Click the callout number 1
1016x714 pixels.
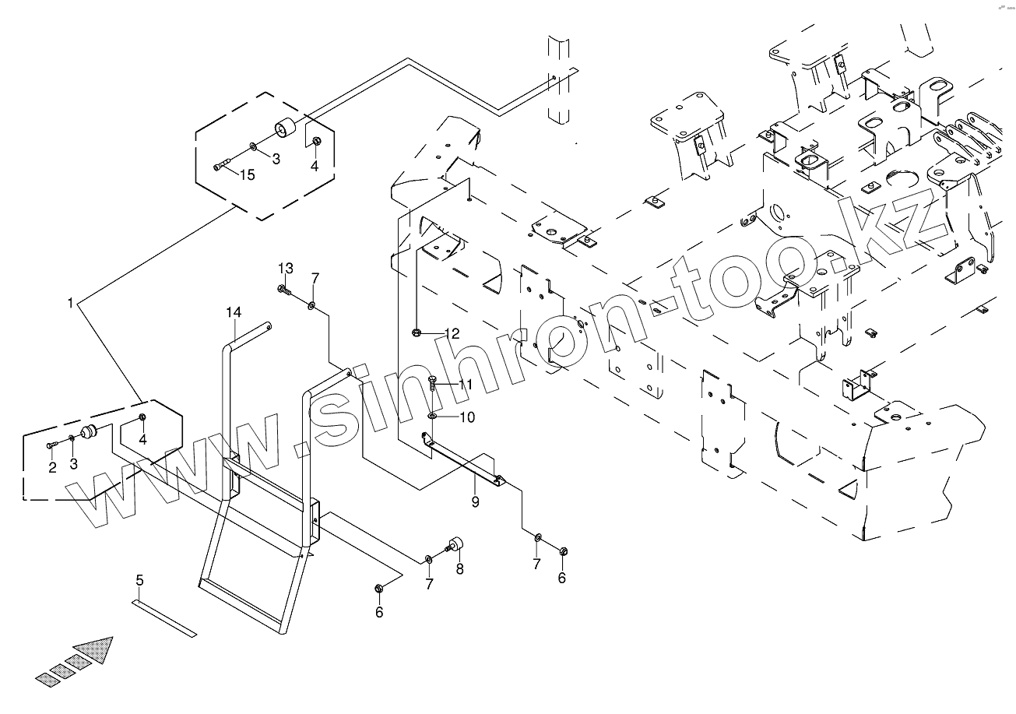pos(70,303)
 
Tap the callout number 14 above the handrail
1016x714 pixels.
pos(234,312)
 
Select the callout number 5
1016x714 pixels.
pos(139,579)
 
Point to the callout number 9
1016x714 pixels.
pos(474,503)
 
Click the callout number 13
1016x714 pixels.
pos(286,268)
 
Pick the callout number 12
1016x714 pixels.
pos(452,333)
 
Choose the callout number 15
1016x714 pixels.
pos(247,175)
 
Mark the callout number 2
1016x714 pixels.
pos(52,467)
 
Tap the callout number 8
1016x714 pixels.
pos(459,569)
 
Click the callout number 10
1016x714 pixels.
pos(466,417)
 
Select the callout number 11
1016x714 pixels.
pos(466,385)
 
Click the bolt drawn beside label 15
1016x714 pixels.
pos(221,164)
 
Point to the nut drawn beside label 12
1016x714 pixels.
pos(417,333)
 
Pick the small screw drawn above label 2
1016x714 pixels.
pos(51,445)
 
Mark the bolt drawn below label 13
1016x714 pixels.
pos(283,291)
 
